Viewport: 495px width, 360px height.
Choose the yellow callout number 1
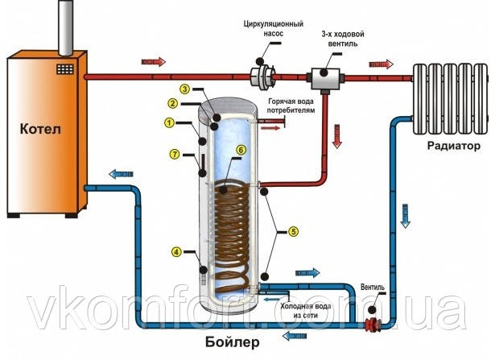[x=169, y=123]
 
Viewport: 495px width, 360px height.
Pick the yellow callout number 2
[x=172, y=103]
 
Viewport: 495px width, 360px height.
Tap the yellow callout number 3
[x=184, y=89]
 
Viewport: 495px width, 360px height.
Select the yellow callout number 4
[x=175, y=252]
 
